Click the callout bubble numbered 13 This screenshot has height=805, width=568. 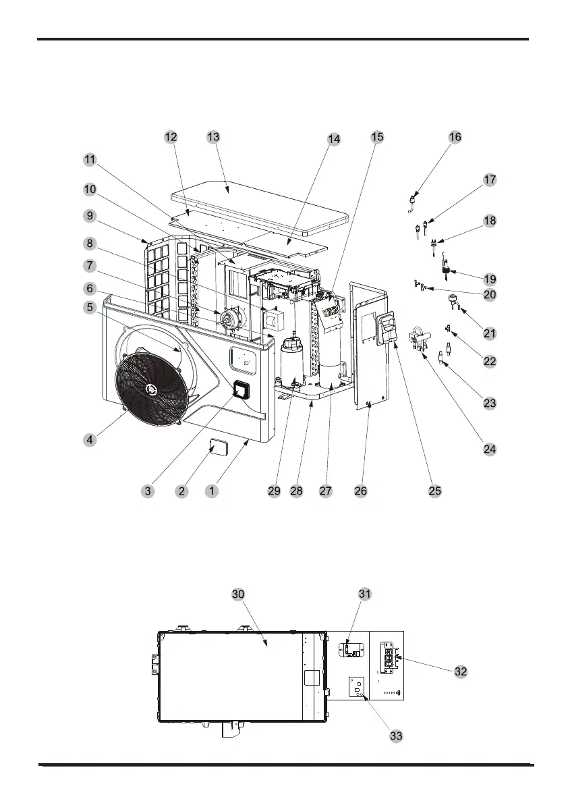tap(214, 137)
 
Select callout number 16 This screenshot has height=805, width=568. tap(455, 137)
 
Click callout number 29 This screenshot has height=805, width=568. tap(274, 491)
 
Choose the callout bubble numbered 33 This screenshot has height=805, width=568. tap(397, 736)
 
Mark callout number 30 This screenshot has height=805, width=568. tap(237, 594)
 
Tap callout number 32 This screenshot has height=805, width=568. tap(461, 671)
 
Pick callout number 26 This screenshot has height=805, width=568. tap(361, 491)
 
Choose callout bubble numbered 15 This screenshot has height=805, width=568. tap(377, 137)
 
